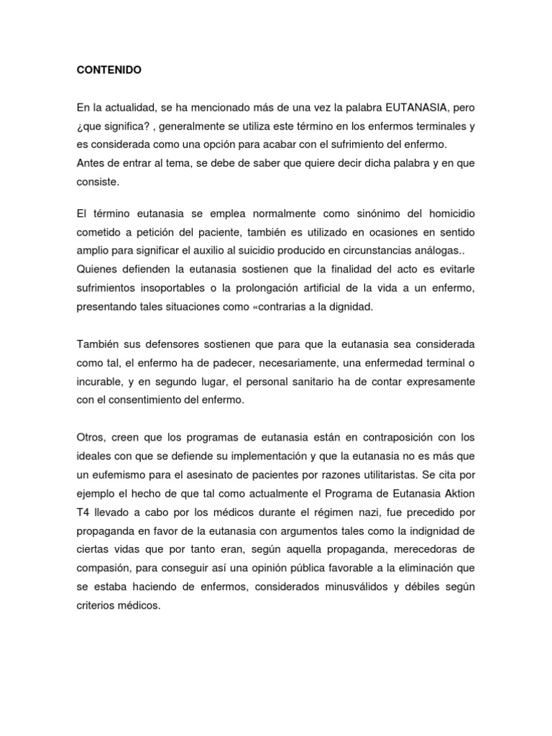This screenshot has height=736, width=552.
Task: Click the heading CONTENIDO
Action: pos(109,70)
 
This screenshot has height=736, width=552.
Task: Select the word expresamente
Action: pos(438,381)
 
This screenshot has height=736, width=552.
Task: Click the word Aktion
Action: pos(458,493)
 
